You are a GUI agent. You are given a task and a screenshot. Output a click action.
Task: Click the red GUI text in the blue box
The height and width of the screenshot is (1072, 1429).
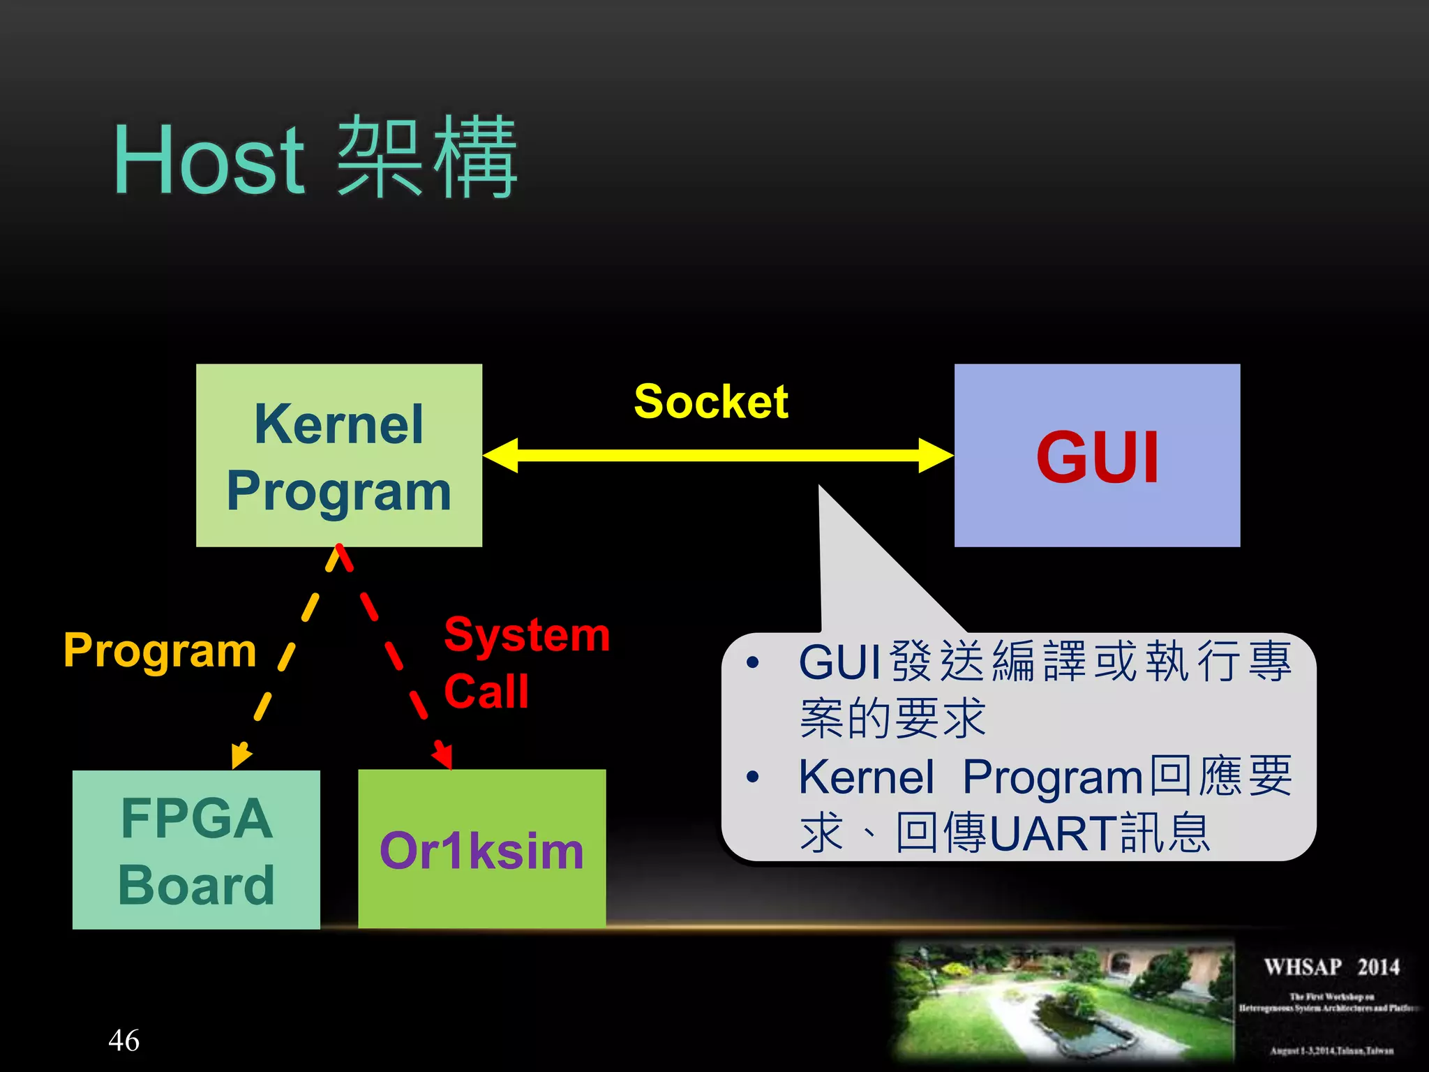coord(1097,457)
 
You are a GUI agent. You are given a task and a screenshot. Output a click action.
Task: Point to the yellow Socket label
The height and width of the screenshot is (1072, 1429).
coord(710,402)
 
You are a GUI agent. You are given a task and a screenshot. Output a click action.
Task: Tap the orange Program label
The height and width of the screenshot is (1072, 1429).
coord(160,650)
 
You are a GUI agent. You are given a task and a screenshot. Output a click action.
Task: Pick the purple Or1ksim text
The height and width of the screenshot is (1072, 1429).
coord(481,851)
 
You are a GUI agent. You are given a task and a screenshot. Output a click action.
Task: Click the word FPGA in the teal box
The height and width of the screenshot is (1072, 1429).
coord(196,818)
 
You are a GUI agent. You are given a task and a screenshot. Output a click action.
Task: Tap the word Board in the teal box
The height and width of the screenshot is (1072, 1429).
coord(196,885)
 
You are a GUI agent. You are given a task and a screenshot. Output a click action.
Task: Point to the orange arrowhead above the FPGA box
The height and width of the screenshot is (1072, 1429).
coord(240,756)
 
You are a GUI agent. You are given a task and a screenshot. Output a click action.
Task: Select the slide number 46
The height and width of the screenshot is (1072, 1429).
coord(124,1040)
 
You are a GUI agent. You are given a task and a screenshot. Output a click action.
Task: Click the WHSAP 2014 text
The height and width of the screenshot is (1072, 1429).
coord(1331,967)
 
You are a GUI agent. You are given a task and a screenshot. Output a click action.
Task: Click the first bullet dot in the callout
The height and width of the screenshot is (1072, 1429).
coord(752,662)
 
